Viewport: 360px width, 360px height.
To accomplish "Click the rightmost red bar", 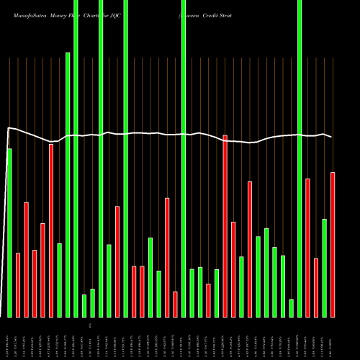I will pos(333,245).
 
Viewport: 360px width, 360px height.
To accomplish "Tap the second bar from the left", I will pos(18,285).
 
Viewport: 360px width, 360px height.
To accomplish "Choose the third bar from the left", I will pos(27,259).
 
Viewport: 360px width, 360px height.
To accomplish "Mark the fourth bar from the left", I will pos(35,283).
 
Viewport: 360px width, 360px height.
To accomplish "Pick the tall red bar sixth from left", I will pos(51,230).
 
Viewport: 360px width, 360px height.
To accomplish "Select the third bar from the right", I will pos(316,287).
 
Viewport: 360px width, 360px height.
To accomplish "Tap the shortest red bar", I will pos(175,304).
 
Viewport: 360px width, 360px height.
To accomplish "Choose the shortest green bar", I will pos(292,308).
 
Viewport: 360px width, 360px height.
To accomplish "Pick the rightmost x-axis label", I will pos(333,337).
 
